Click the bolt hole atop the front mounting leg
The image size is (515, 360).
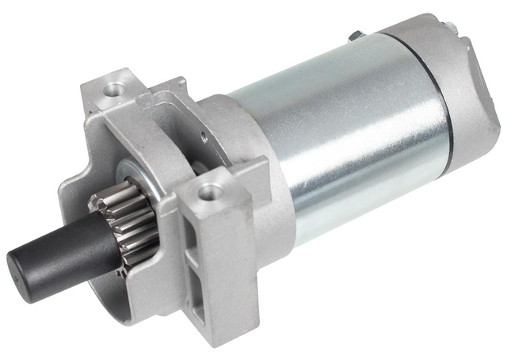pos(212,191)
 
